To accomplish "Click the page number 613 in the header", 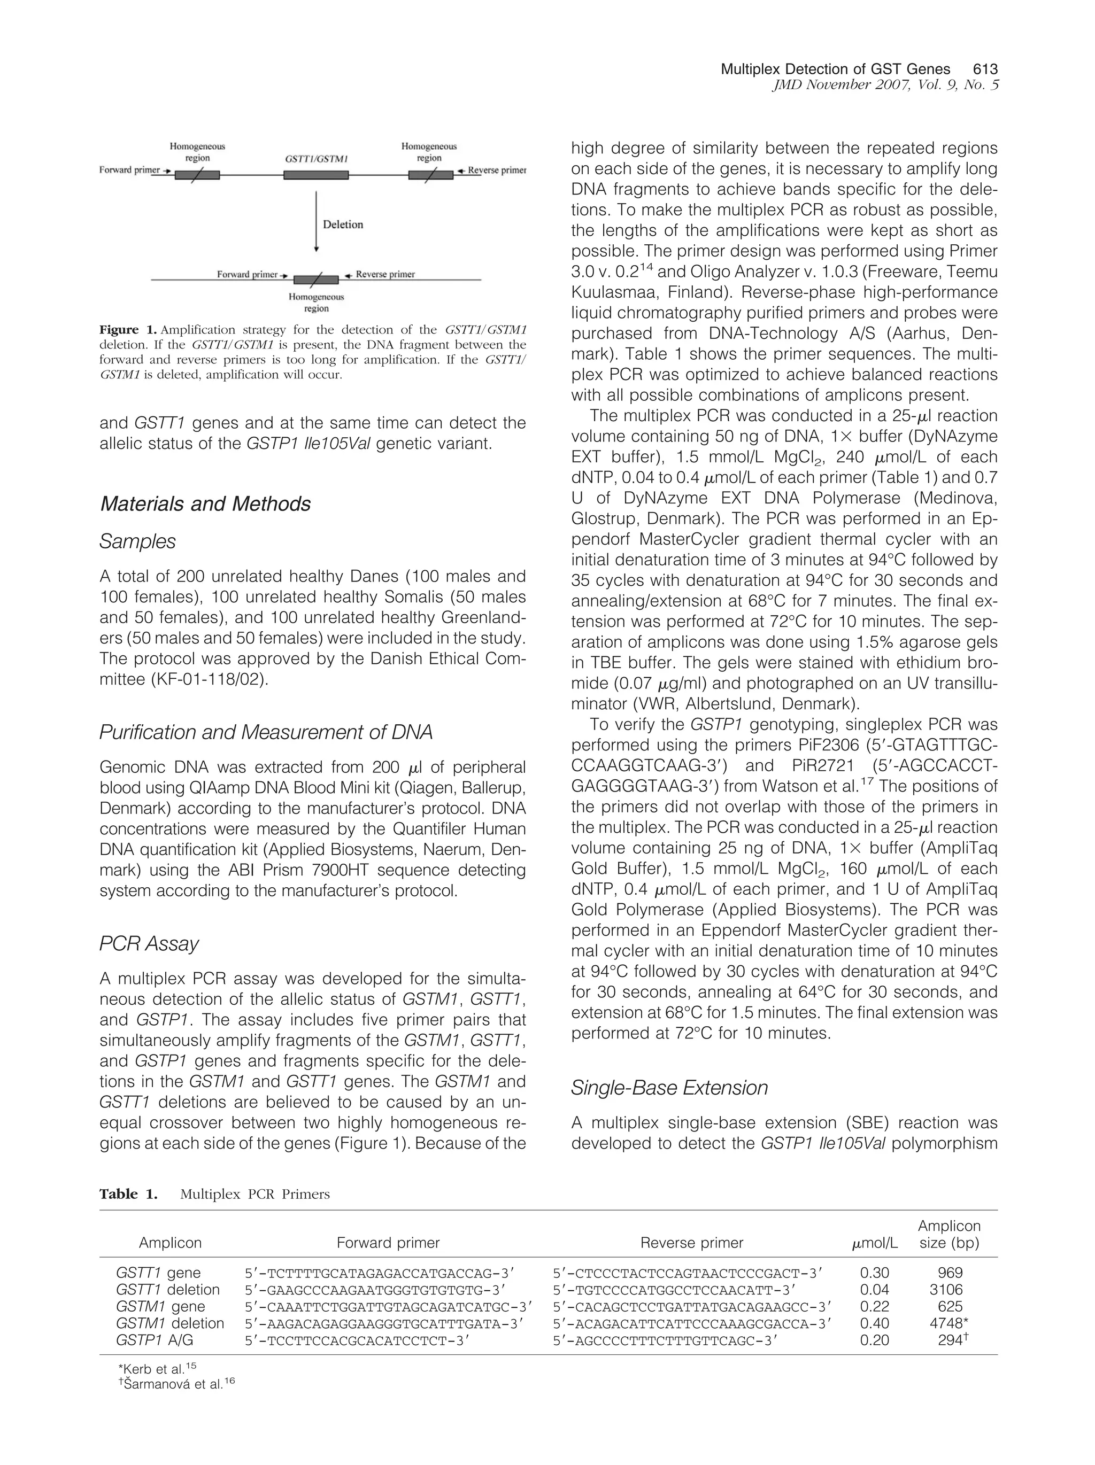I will click(x=984, y=69).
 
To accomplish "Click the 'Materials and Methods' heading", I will click(x=205, y=504).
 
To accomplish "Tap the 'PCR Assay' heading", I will click(x=149, y=943).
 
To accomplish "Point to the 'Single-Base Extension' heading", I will click(x=669, y=1088).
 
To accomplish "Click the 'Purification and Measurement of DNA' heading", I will click(x=266, y=732).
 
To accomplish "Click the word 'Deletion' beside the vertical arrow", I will click(x=343, y=224).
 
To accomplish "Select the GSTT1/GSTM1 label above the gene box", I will click(x=316, y=159).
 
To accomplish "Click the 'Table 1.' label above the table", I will click(x=128, y=1194).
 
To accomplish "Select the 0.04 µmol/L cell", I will click(x=874, y=1290).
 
